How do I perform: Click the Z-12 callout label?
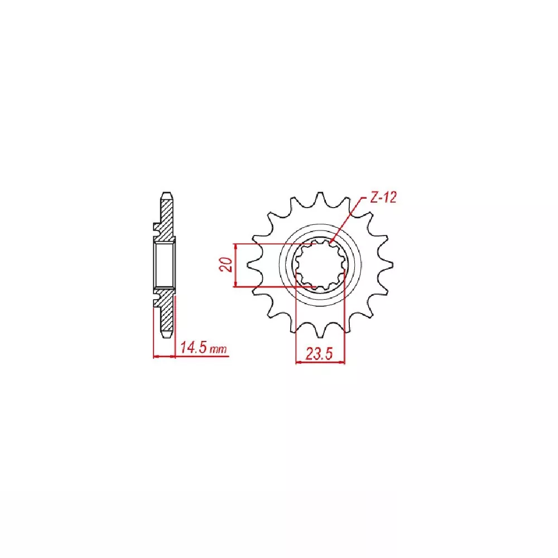pos(383,198)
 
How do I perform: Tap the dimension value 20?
pos(226,264)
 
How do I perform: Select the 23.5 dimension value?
pos(319,354)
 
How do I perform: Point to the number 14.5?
pos(194,347)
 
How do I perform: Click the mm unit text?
pos(218,349)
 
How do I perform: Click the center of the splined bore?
pos(320,265)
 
